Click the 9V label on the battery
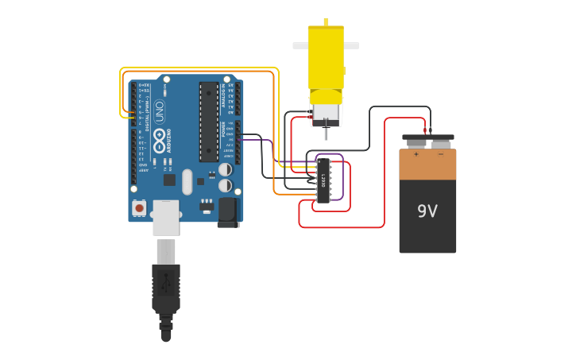pos(427,211)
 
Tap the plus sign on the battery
pos(416,154)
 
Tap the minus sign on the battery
pos(440,154)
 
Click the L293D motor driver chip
pos(323,180)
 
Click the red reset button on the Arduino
pos(140,208)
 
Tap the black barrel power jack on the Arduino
pos(228,211)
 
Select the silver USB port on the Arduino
pos(167,218)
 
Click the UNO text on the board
pos(159,110)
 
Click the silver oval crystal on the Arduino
pos(187,181)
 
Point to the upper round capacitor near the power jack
pos(226,169)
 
